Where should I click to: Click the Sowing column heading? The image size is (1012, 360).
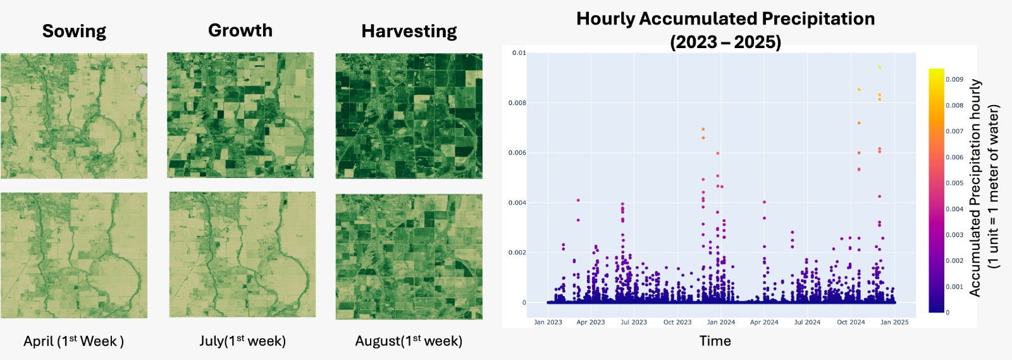[x=74, y=31]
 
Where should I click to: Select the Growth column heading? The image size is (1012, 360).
[x=240, y=30]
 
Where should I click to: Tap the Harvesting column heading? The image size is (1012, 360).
[x=409, y=31]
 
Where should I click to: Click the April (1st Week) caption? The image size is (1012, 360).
[x=73, y=341]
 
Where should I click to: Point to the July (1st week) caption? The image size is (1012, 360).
[x=242, y=341]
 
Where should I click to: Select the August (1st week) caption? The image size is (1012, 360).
[x=409, y=341]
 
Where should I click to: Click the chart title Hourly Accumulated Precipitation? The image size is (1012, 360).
[x=725, y=19]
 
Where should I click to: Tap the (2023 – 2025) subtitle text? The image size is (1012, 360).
[x=725, y=42]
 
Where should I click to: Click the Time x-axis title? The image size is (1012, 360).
[x=715, y=341]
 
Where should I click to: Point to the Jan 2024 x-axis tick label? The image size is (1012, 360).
[x=721, y=322]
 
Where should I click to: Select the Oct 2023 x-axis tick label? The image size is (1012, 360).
[x=677, y=322]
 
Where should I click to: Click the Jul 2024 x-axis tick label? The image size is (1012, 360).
[x=807, y=322]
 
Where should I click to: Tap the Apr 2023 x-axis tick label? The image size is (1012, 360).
[x=591, y=322]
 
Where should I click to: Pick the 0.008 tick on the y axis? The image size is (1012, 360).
[x=517, y=102]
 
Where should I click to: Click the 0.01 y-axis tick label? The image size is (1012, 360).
[x=519, y=53]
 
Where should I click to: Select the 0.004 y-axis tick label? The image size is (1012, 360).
[x=517, y=202]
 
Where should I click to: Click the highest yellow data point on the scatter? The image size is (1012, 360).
[x=879, y=68]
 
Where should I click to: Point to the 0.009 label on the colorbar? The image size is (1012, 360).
[x=954, y=80]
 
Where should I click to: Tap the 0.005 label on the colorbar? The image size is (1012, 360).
[x=954, y=183]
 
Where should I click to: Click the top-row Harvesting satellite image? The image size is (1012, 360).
[x=409, y=116]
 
